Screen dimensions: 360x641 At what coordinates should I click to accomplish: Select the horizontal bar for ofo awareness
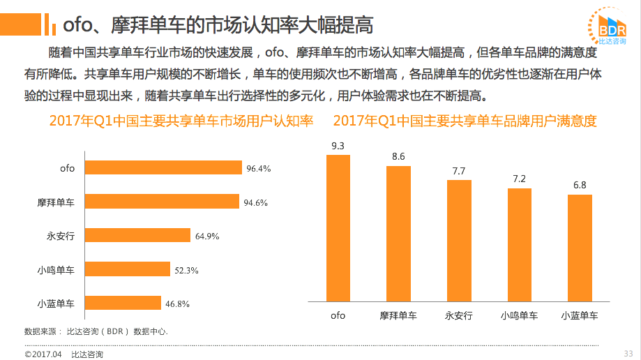(163, 168)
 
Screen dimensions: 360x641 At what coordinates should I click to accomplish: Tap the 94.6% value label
(255, 202)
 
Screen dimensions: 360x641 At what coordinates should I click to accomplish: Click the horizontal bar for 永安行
(137, 236)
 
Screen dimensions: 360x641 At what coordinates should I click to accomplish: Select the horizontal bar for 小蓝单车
(122, 303)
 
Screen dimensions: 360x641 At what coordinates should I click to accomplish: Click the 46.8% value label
(178, 303)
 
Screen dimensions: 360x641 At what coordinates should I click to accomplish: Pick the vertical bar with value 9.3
(338, 227)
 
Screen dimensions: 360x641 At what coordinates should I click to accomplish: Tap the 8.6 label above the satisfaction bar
(398, 157)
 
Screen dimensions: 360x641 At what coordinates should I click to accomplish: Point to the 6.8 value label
(579, 185)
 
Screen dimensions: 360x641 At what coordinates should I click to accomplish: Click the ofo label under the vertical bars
(338, 315)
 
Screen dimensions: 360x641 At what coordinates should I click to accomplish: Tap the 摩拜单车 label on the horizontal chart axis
(56, 202)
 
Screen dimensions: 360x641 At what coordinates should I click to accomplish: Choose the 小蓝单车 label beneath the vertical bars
(580, 315)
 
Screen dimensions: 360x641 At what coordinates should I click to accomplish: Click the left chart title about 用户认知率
(181, 121)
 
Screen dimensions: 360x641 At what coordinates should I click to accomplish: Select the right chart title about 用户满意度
(465, 121)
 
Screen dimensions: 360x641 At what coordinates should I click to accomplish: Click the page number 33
(628, 353)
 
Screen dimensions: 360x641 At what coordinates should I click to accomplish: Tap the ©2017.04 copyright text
(43, 354)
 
